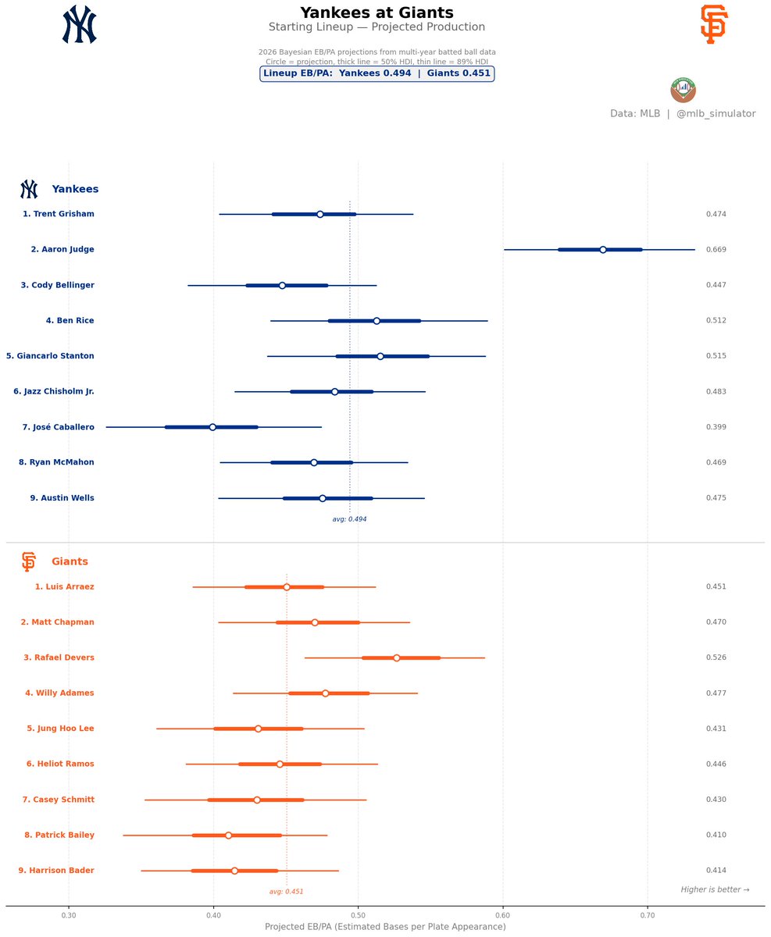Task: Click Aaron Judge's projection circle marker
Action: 602,250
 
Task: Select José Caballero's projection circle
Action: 212,427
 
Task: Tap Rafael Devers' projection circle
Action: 396,658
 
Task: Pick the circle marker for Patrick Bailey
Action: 228,835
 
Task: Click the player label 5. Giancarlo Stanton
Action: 50,356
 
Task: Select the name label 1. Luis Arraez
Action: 64,587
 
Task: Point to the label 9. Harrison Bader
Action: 56,871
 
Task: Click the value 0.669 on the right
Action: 716,250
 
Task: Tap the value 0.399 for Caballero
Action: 716,427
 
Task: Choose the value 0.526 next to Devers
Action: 716,658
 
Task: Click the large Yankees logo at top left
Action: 79,24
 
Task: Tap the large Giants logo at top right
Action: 713,24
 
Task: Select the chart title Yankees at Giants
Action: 377,12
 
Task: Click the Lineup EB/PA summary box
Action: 377,73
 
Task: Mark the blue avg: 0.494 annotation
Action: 349,519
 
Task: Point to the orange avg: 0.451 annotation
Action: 286,892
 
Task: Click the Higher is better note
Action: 715,890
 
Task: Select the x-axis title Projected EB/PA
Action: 385,927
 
